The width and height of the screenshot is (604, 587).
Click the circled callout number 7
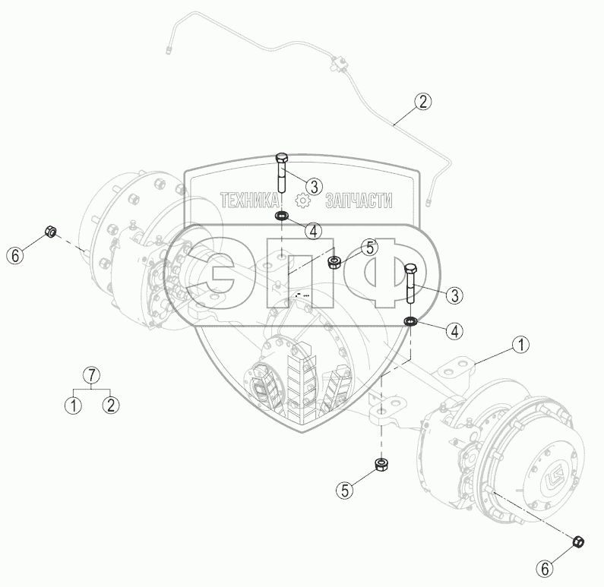pyautogui.click(x=92, y=375)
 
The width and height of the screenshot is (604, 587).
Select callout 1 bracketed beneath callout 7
pyautogui.click(x=73, y=406)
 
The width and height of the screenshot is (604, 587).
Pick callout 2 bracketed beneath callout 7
pyautogui.click(x=111, y=406)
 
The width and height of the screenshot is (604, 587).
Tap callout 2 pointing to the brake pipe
pyautogui.click(x=423, y=102)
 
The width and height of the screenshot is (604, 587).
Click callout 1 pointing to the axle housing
pyautogui.click(x=521, y=345)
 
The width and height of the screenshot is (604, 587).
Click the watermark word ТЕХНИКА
pyautogui.click(x=250, y=200)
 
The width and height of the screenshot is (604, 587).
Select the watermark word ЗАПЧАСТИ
pyautogui.click(x=359, y=200)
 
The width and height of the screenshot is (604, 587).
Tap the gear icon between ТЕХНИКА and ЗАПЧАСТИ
pyautogui.click(x=302, y=201)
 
